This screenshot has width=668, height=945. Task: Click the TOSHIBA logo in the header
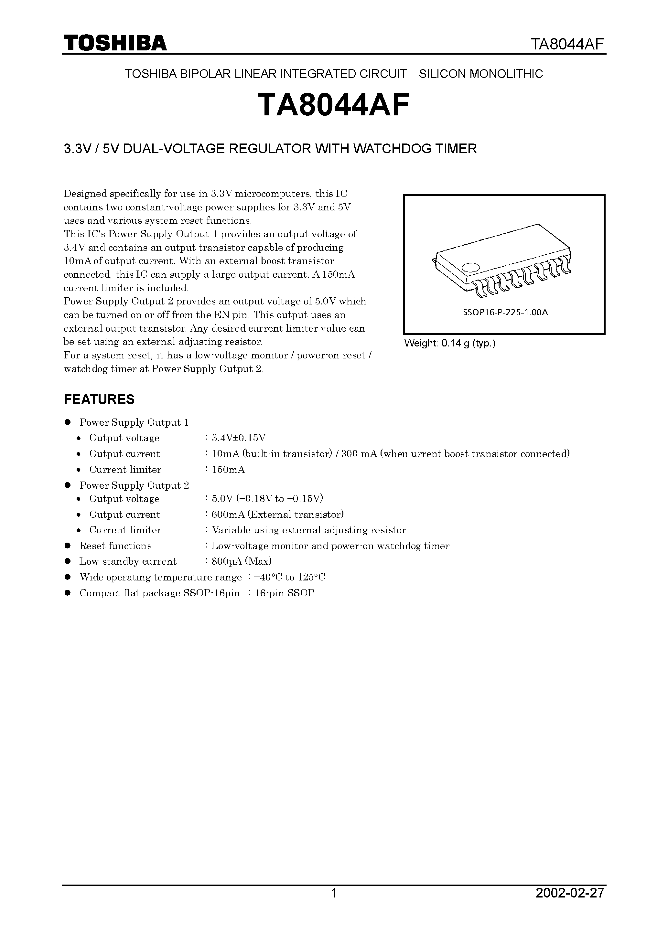point(115,43)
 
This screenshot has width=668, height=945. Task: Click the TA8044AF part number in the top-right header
point(567,44)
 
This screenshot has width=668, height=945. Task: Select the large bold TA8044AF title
point(334,105)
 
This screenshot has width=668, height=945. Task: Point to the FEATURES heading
point(99,399)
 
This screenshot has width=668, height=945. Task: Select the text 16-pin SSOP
point(285,593)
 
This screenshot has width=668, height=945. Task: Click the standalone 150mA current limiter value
point(229,470)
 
